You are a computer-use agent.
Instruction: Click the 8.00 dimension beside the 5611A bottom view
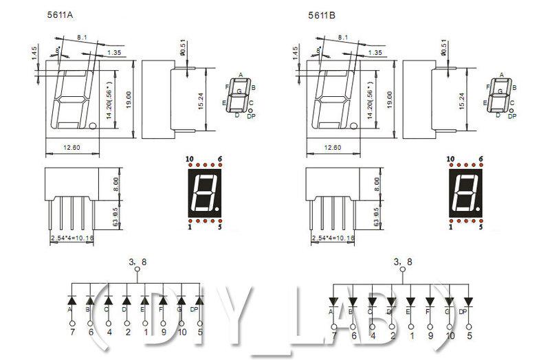point(117,183)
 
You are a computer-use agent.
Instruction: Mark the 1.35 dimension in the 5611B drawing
point(375,52)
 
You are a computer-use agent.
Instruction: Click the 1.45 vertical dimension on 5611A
point(34,53)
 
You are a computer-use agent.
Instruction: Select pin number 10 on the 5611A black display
point(189,159)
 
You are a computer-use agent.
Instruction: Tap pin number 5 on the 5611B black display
point(481,226)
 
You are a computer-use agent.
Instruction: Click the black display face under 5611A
point(205,192)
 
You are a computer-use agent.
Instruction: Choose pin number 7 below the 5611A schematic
point(71,333)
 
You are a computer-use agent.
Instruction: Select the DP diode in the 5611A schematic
point(199,300)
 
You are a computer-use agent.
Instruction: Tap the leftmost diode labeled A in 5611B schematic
point(332,301)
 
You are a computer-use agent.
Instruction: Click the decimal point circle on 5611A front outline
point(93,125)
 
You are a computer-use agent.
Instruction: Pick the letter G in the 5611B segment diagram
point(500,90)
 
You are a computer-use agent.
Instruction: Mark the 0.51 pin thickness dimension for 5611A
point(182,49)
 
